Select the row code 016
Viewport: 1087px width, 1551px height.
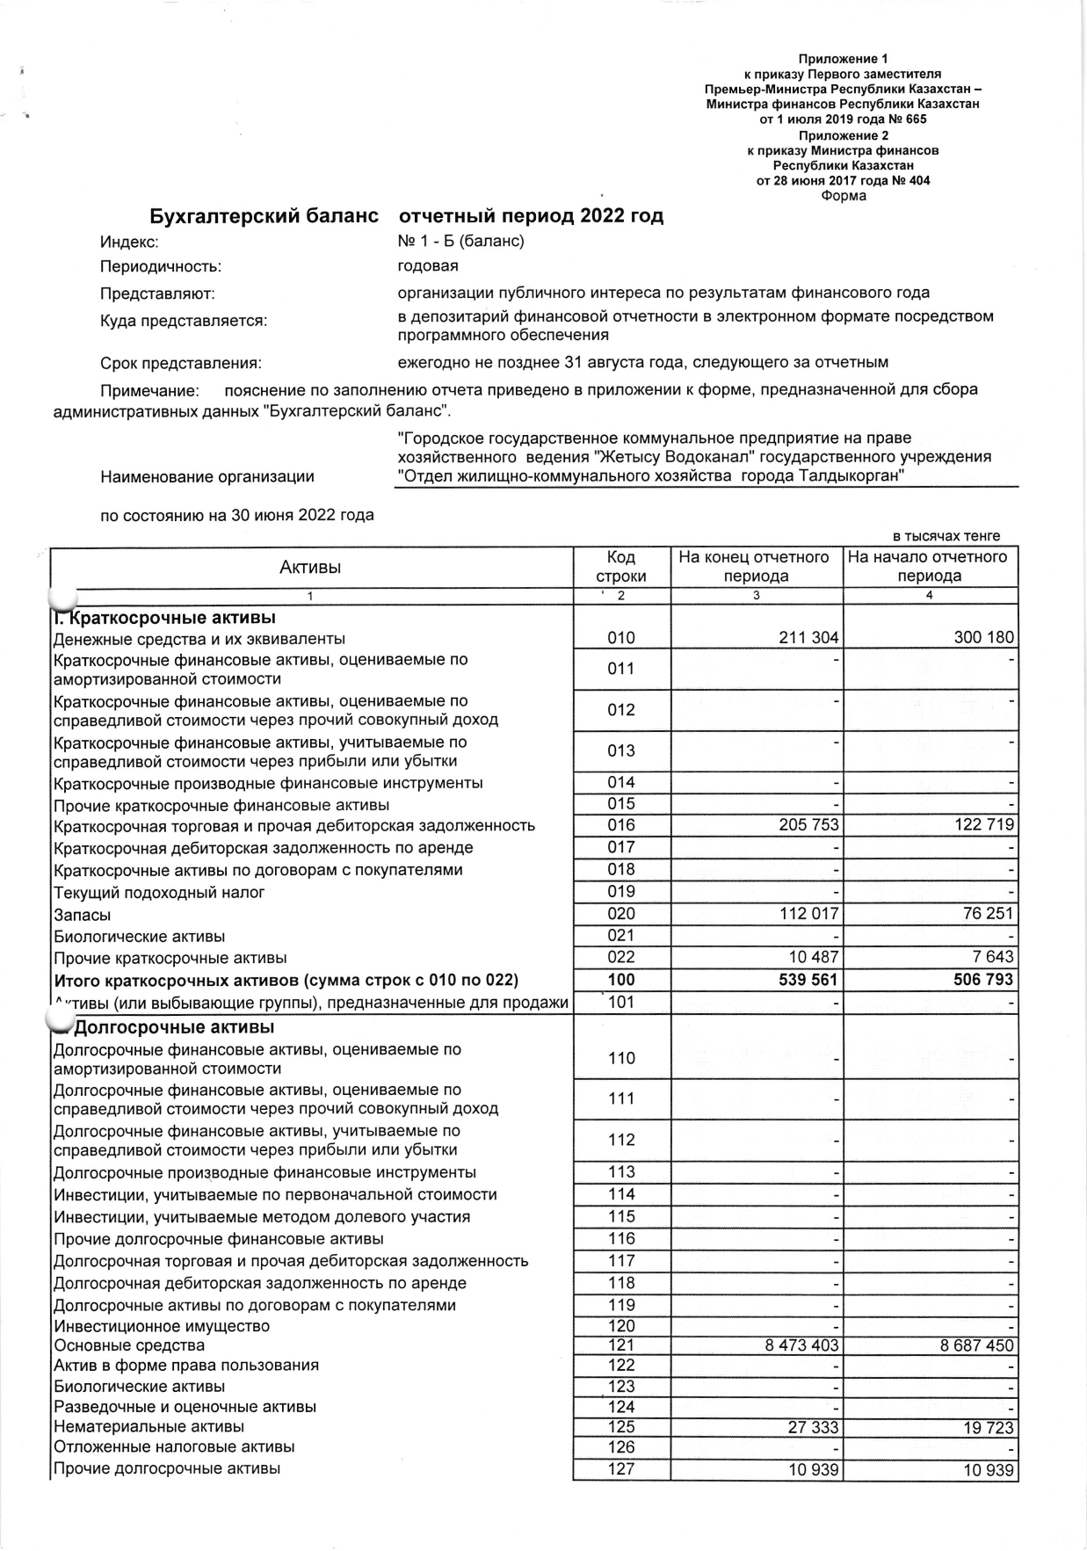[x=620, y=825]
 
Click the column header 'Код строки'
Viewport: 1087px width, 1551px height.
[x=620, y=567]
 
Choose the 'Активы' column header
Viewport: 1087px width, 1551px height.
[x=310, y=567]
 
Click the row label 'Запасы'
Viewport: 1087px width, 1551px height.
[x=83, y=915]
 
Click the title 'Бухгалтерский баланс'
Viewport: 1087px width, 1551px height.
[x=264, y=216]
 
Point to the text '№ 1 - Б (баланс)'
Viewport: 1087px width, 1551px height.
[x=460, y=242]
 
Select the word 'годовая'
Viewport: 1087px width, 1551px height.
[x=428, y=265]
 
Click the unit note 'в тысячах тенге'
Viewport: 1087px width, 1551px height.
[x=946, y=536]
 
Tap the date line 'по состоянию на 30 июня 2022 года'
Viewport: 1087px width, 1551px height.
[x=237, y=515]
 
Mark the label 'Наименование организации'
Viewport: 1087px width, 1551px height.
[x=207, y=477]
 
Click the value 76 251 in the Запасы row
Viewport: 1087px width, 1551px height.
[x=987, y=914]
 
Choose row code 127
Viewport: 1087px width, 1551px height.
[x=620, y=1469]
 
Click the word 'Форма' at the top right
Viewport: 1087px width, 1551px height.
[x=843, y=196]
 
